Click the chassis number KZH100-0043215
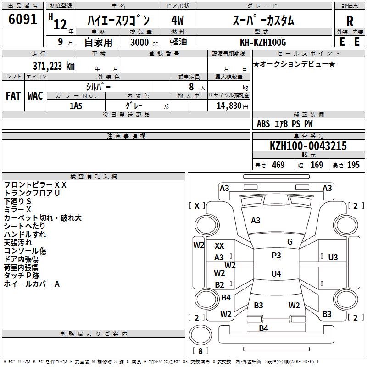coord(308,146)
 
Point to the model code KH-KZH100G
coord(263,43)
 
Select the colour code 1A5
coord(76,106)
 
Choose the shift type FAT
coord(13,96)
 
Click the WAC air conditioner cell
coord(35,96)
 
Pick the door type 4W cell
coord(177,21)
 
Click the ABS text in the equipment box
coord(263,124)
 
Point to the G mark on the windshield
coord(290,242)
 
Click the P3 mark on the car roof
coord(276,256)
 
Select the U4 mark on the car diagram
coord(276,274)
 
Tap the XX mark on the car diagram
coord(219,246)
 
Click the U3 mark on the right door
coord(333,257)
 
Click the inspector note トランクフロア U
coord(32,193)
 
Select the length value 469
coord(278,165)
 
